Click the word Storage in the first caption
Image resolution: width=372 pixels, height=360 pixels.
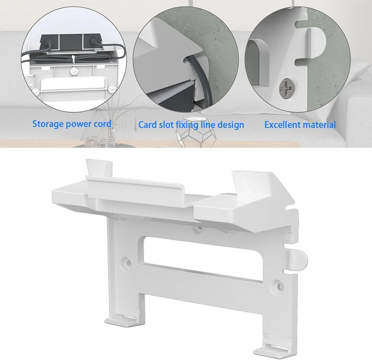click(x=48, y=124)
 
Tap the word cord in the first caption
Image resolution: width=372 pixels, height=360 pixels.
click(x=102, y=124)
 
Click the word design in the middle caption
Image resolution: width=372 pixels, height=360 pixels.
click(x=231, y=125)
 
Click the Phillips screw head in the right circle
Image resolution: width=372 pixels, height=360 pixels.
click(x=288, y=88)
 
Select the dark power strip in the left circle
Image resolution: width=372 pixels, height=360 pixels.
click(x=71, y=43)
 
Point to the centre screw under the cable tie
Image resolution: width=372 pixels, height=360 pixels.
click(x=74, y=70)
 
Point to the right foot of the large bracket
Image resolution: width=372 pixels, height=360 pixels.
click(x=273, y=351)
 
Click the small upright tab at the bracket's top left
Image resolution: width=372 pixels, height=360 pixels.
click(x=99, y=168)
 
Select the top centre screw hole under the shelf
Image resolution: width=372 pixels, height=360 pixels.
click(x=199, y=228)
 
